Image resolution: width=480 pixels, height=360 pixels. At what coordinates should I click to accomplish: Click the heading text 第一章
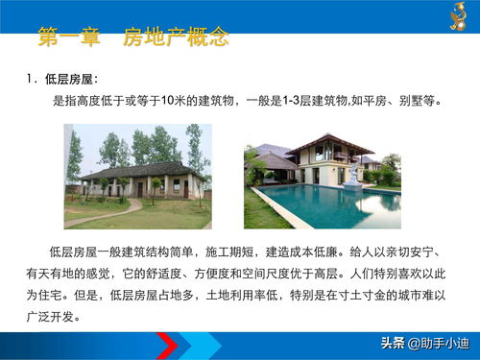click(71, 38)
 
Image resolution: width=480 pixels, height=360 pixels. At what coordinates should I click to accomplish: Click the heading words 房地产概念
click(176, 38)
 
